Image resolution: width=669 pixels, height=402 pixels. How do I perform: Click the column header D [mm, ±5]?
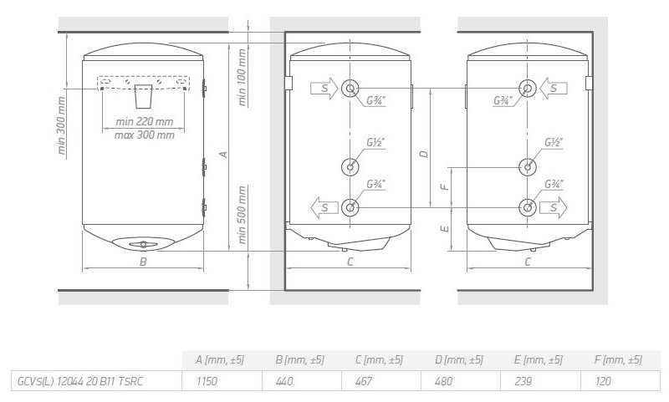(x=458, y=360)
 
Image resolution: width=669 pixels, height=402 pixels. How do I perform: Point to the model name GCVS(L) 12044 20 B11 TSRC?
(x=79, y=380)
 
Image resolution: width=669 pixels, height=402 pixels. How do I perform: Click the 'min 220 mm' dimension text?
(x=144, y=121)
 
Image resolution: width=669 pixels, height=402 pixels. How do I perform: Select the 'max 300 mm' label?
(x=144, y=135)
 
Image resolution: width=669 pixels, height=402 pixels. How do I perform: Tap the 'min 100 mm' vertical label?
(x=242, y=77)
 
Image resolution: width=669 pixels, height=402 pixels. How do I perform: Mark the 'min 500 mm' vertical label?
(x=242, y=215)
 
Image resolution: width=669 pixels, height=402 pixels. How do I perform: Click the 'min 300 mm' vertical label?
(x=61, y=125)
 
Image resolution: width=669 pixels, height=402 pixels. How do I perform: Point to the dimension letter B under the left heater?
(x=143, y=262)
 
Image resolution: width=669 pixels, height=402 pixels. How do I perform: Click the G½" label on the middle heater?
(x=375, y=142)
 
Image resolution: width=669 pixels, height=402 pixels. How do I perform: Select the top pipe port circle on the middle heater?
(x=350, y=89)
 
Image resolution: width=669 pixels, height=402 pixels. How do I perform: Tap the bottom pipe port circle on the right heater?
(x=528, y=207)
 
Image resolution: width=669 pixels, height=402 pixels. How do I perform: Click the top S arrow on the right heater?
(x=554, y=89)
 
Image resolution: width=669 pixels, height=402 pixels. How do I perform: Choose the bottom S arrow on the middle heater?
(x=324, y=207)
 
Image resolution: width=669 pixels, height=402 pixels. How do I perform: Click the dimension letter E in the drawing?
(x=445, y=229)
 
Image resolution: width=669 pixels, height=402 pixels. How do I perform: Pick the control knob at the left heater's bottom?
(x=143, y=244)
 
